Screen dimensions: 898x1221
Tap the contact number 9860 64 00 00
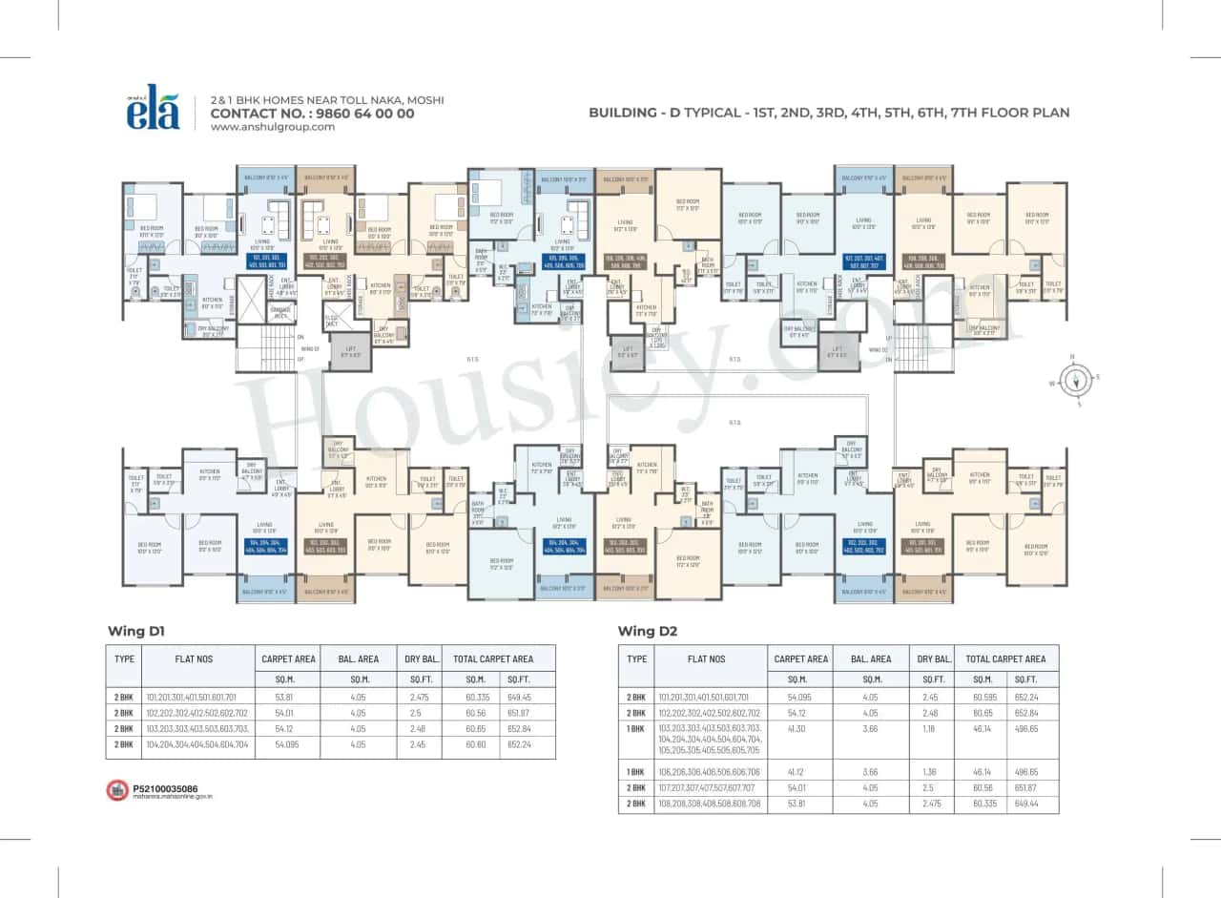coord(312,113)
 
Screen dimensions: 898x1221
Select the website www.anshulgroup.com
coord(272,127)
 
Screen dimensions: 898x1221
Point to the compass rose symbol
coord(1075,380)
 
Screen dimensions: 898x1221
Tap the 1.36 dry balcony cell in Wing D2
coord(932,772)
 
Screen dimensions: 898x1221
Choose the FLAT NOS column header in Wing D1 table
coord(196,658)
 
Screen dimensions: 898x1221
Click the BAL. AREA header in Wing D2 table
coord(871,658)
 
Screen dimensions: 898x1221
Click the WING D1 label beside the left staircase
coord(309,349)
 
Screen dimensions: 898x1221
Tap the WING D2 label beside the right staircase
coord(879,349)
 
